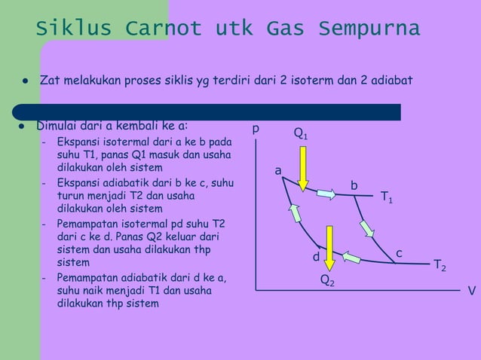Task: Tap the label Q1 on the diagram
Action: coord(300,135)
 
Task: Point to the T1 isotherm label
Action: coord(387,197)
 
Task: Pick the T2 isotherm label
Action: coord(440,265)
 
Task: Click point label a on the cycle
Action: coord(278,172)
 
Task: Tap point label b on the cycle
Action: coord(354,185)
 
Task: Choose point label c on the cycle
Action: coord(400,254)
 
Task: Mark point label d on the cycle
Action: coord(317,258)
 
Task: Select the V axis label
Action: coord(471,290)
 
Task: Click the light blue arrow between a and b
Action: coord(326,194)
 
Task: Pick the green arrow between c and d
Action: coord(352,258)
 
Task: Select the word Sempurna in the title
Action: coord(369,29)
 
